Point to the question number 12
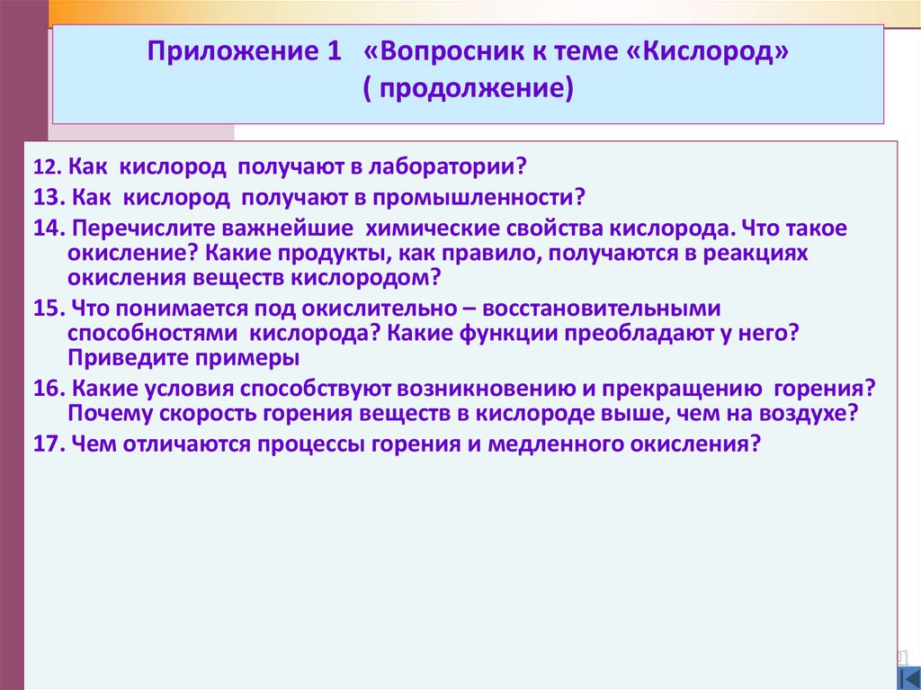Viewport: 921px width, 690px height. tap(46, 168)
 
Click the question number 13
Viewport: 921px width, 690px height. tap(48, 197)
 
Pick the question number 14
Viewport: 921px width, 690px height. tap(48, 229)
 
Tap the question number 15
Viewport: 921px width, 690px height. tap(48, 309)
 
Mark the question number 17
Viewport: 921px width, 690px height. tap(48, 444)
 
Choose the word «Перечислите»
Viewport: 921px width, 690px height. tap(144, 229)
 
